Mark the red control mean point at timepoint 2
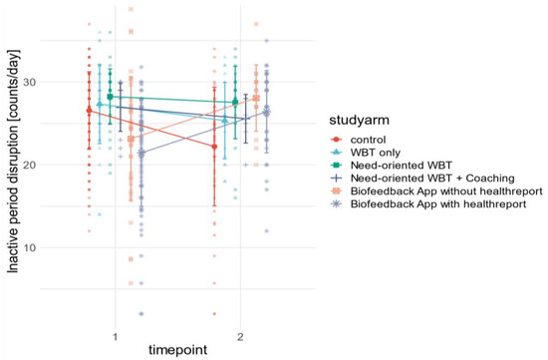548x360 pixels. coord(213,147)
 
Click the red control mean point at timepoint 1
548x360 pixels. coord(89,110)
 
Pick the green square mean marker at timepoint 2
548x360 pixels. coord(235,102)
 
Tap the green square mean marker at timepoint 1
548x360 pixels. coord(110,97)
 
